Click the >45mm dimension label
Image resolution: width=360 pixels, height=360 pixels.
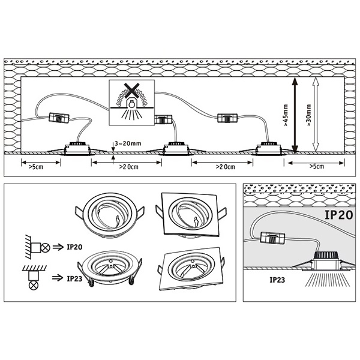(286, 115)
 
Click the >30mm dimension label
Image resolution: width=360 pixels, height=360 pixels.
(308, 115)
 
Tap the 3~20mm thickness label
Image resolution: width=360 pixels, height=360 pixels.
(128, 143)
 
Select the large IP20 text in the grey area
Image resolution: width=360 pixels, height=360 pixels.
(338, 215)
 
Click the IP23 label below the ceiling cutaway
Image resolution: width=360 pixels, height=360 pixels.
(277, 280)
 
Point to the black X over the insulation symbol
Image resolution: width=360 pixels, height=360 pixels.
(131, 90)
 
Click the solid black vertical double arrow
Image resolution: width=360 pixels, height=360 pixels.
(295, 115)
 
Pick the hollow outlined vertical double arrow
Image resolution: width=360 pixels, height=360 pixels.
(316, 115)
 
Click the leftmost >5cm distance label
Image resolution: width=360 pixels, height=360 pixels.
(36, 167)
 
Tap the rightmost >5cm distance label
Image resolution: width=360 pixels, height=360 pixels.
(317, 166)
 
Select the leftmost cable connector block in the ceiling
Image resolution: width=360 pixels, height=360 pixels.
(59, 118)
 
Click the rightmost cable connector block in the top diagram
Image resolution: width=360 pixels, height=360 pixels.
(228, 118)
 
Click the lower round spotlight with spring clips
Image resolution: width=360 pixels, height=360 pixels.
(110, 269)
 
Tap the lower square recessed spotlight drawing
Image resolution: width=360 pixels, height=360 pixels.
(191, 269)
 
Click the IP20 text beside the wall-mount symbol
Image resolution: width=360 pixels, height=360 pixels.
(74, 247)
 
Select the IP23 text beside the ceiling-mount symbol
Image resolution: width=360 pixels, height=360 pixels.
(74, 279)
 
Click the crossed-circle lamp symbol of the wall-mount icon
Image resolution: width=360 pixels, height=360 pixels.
(46, 248)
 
